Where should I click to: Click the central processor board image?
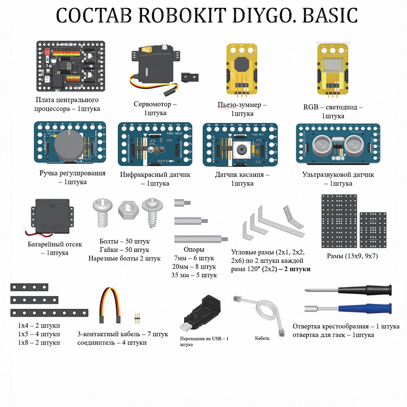70,66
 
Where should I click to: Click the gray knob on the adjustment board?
69,145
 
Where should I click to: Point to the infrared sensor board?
155,144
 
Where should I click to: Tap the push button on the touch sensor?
242,149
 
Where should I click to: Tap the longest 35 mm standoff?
201,239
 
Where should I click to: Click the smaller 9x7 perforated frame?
373,230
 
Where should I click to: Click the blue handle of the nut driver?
365,309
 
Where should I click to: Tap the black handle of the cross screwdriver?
365,290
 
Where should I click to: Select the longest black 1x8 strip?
49,313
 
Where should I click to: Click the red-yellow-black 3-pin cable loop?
110,305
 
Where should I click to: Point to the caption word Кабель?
262,338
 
